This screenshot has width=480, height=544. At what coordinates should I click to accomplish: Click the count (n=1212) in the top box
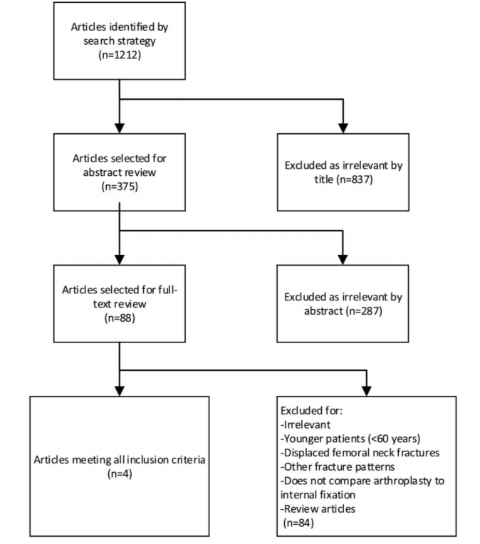coord(120,55)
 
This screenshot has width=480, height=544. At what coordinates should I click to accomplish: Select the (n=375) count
coord(120,187)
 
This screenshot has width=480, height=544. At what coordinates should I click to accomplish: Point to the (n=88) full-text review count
coord(120,318)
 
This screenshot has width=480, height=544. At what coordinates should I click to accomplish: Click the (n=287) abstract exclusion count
coord(364,311)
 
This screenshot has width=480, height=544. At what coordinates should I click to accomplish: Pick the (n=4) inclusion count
coord(120,474)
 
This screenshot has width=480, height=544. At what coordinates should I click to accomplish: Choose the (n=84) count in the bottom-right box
coord(298,523)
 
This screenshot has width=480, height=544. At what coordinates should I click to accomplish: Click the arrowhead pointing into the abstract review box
coord(120,127)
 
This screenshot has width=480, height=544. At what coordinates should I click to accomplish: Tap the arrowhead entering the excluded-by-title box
coord(343,127)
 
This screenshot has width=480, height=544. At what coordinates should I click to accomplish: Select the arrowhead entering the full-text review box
coord(120,259)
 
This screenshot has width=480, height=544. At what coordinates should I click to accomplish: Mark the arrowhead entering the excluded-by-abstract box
coord(343,259)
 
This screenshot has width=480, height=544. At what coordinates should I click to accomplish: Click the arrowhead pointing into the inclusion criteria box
coord(120,391)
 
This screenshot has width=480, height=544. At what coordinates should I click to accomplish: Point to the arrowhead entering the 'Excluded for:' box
coord(367,391)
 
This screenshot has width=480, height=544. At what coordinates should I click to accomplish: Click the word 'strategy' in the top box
coord(138,41)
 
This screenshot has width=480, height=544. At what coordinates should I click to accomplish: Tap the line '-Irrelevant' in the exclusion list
coord(306,424)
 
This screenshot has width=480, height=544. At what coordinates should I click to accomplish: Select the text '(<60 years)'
coord(396,439)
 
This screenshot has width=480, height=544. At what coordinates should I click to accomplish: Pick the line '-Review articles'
coord(318,508)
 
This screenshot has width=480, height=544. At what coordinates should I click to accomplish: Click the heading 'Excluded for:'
coord(312,411)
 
